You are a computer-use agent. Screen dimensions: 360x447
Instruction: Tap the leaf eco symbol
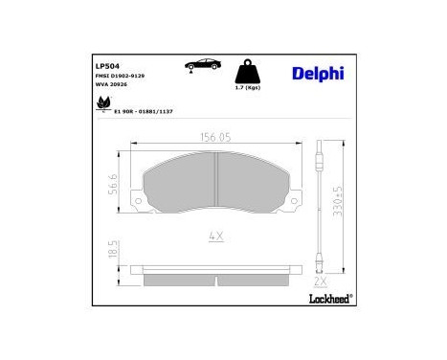tap(101, 108)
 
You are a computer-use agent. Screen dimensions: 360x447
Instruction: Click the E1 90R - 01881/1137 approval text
tap(144, 111)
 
